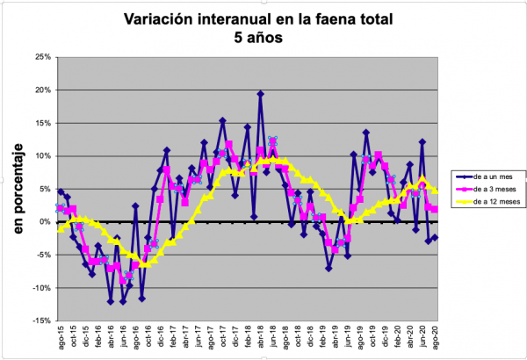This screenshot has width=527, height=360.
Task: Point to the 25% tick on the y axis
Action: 40,57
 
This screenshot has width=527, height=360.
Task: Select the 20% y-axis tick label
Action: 40,90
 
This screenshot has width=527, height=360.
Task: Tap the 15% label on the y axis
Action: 40,123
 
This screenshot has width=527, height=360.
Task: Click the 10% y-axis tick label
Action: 40,156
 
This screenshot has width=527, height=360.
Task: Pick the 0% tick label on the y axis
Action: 43,222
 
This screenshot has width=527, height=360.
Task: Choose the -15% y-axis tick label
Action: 40,321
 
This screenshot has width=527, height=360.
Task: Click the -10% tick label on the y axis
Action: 40,288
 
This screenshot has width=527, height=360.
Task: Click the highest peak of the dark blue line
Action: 261,94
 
